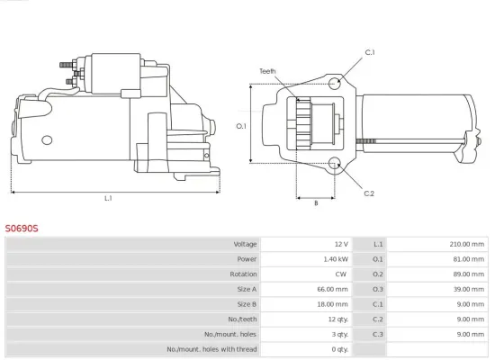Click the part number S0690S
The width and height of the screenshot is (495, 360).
click(x=23, y=229)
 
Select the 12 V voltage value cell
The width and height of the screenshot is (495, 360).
click(x=340, y=244)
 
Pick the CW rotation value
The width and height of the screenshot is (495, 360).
click(x=340, y=274)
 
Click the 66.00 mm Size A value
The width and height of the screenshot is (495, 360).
click(x=333, y=289)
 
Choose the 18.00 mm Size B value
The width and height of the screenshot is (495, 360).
click(x=333, y=304)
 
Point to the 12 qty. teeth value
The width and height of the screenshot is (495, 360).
click(x=337, y=319)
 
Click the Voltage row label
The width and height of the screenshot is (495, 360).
click(x=245, y=244)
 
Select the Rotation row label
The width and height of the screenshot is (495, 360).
click(x=244, y=274)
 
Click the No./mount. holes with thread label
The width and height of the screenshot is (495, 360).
click(x=211, y=349)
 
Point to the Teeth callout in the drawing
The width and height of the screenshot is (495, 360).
click(x=267, y=70)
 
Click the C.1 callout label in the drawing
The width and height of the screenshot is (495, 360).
click(x=369, y=53)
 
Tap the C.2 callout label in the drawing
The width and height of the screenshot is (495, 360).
click(x=369, y=193)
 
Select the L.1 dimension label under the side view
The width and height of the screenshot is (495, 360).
click(x=108, y=198)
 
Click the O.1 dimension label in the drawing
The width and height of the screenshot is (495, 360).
click(x=241, y=126)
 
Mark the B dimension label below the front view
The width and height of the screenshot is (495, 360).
click(x=315, y=203)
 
